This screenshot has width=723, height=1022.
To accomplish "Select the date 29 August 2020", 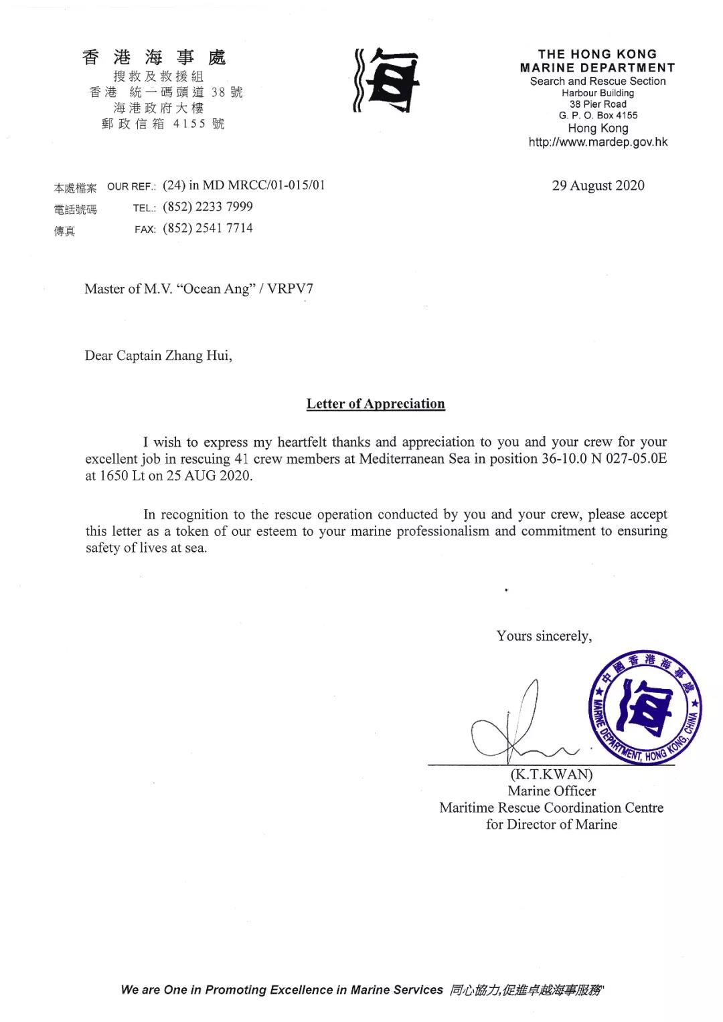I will [598, 186].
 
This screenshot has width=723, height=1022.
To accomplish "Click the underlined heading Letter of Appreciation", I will [376, 404].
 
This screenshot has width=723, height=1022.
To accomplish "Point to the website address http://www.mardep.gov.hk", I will [598, 142].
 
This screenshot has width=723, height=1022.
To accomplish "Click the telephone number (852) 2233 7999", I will [208, 207].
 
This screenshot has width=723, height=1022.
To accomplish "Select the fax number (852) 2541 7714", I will [208, 228].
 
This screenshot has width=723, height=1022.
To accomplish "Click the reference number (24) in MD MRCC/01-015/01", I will [244, 185].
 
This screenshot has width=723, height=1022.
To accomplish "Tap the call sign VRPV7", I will [290, 289].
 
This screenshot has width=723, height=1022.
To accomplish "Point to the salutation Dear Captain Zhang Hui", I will [158, 355].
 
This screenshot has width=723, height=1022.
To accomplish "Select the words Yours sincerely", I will [544, 636].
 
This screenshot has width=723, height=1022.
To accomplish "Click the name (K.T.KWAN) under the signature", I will [552, 775].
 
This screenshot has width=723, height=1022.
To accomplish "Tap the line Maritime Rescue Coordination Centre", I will [552, 807].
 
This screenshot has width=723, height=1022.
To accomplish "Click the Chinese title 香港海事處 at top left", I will [154, 58].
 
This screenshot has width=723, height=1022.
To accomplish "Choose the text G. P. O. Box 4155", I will [598, 116].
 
